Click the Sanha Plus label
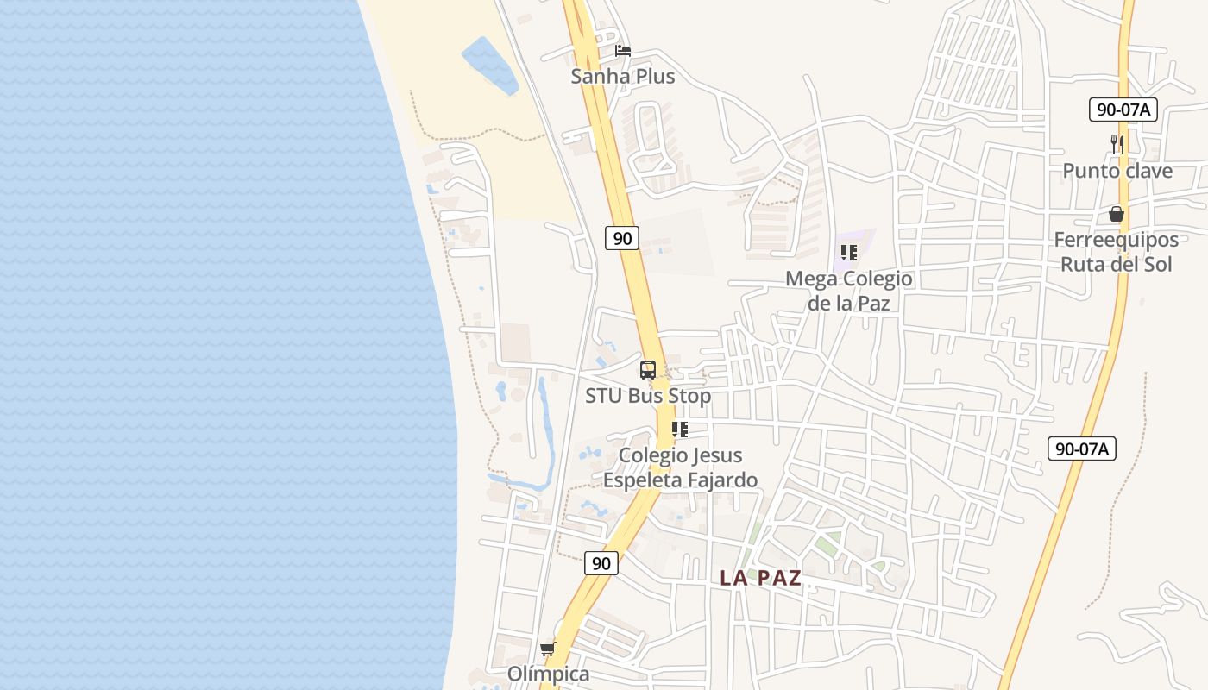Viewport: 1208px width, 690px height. [x=622, y=77]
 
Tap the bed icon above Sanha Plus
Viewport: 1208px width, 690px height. [x=623, y=51]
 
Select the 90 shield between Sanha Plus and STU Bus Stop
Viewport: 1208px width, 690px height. [x=621, y=238]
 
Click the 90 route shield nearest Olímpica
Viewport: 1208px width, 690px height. [x=601, y=563]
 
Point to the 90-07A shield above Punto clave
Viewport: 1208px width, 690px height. [x=1123, y=110]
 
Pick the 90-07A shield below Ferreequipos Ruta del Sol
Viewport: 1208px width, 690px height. [x=1082, y=448]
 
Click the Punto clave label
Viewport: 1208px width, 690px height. [x=1117, y=171]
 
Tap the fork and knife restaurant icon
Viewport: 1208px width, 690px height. [x=1117, y=145]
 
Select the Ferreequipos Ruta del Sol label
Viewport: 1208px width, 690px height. [x=1117, y=252]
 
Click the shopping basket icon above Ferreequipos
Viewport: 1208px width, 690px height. [x=1117, y=214]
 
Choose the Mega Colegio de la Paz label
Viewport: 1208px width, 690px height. [x=848, y=291]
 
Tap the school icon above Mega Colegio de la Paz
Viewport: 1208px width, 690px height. [x=848, y=253]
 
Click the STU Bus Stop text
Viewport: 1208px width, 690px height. [x=648, y=396]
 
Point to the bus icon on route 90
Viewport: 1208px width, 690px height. [x=648, y=370]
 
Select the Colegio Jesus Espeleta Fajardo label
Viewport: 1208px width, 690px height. [x=680, y=467]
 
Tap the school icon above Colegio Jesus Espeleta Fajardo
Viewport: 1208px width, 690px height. [x=680, y=430]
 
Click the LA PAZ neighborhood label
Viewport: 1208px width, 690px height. [x=761, y=579]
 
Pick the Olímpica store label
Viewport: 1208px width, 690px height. [x=548, y=674]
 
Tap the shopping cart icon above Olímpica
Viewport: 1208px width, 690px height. [x=547, y=649]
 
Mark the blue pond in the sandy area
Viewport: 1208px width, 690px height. [x=490, y=65]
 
